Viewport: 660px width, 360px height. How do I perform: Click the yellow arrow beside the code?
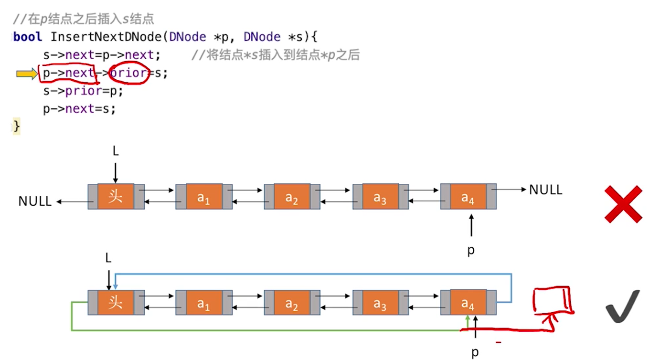(x=27, y=74)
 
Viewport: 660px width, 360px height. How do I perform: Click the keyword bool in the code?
(x=28, y=37)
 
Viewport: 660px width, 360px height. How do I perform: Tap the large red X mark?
(x=623, y=204)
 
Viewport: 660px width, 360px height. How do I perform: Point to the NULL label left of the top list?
(x=35, y=201)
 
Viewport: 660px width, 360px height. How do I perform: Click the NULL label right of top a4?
(x=545, y=190)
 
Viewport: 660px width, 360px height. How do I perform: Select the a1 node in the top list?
(x=204, y=196)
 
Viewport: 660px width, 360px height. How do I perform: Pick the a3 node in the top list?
(x=380, y=196)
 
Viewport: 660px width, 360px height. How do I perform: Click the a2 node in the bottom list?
(x=292, y=303)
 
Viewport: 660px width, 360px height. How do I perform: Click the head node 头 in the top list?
(x=116, y=196)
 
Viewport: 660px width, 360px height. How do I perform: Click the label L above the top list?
(x=116, y=152)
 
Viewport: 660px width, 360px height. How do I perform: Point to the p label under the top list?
(x=471, y=250)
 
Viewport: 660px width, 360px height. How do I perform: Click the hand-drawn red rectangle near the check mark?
(x=552, y=299)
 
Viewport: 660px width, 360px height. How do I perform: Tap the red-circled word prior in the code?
(x=129, y=74)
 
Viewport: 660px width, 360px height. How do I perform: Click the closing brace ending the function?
(x=17, y=127)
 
